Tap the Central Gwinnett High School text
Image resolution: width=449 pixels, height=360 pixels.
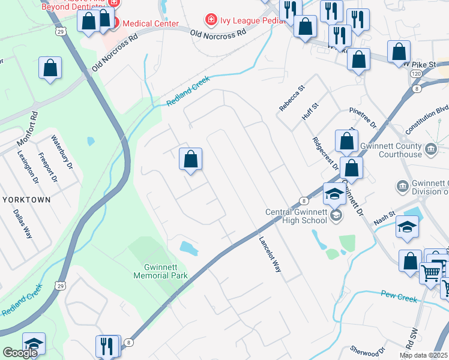pos(297,215)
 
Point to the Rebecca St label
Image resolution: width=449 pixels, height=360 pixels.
pos(292,98)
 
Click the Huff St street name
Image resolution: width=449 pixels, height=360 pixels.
pos(309,110)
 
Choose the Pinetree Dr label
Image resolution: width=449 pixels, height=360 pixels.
pos(363,118)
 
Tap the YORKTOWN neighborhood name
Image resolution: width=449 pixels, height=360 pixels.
pos(26,199)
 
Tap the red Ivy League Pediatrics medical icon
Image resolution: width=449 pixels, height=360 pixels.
pos(210,21)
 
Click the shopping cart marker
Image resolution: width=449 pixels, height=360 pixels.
pos(431,272)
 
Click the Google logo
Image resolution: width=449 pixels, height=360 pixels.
pos(20,353)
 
